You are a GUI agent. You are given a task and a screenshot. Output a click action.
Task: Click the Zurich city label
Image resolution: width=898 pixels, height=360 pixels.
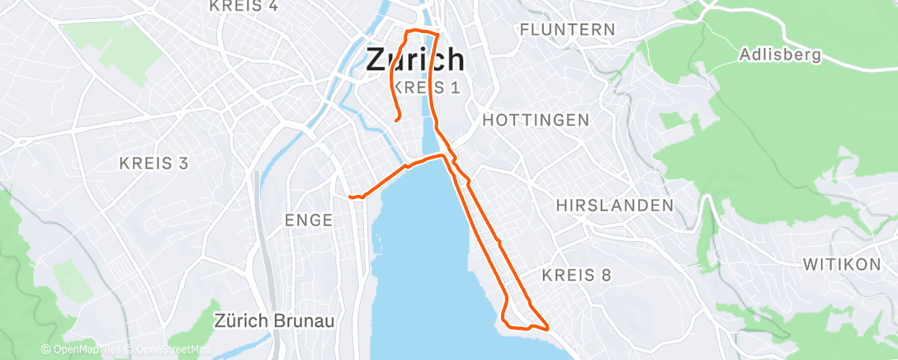pyautogui.click(x=414, y=59)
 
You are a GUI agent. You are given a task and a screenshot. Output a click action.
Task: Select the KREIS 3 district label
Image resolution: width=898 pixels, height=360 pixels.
pyautogui.click(x=154, y=163)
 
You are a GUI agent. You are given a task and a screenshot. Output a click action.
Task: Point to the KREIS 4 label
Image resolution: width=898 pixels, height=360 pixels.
pyautogui.click(x=243, y=7)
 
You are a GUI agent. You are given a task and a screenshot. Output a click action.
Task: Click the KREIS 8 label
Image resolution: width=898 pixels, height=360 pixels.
pyautogui.click(x=577, y=274)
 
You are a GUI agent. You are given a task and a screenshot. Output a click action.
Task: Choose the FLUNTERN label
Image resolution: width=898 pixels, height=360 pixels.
pyautogui.click(x=568, y=30)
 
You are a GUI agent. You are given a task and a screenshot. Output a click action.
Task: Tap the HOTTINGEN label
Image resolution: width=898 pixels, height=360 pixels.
pyautogui.click(x=536, y=120)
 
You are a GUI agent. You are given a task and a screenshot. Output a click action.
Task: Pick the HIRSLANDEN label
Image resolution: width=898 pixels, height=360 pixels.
pyautogui.click(x=615, y=205)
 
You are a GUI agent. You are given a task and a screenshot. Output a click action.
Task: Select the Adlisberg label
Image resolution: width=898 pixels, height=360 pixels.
pyautogui.click(x=781, y=55)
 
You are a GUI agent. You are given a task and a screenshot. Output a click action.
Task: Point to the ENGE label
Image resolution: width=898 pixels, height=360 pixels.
pyautogui.click(x=308, y=220)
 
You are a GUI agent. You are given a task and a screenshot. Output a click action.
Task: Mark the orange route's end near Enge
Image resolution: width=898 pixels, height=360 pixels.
pyautogui.click(x=350, y=197)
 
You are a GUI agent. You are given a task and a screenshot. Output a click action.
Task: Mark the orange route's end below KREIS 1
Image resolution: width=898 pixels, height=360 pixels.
pyautogui.click(x=397, y=121)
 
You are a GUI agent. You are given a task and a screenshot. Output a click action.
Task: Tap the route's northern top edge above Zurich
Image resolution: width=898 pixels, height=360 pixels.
pyautogui.click(x=421, y=31)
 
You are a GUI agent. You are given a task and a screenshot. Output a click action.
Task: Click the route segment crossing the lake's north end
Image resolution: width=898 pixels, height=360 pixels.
pyautogui.click(x=425, y=159)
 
